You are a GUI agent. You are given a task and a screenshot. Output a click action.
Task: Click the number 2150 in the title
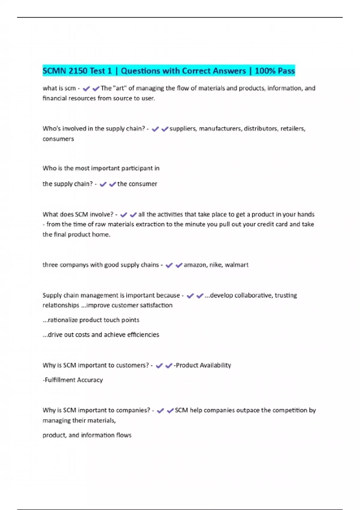click(78, 71)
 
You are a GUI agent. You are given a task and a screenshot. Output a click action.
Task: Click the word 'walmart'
click(237, 265)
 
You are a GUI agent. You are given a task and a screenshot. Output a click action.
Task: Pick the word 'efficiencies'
click(143, 335)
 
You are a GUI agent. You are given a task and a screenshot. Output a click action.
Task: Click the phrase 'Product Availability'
click(203, 365)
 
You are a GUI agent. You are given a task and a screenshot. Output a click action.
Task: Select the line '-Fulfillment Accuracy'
click(73, 380)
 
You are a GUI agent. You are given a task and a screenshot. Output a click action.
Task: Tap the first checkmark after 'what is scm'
click(86, 88)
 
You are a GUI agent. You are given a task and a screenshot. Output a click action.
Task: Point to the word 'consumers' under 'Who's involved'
click(58, 139)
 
